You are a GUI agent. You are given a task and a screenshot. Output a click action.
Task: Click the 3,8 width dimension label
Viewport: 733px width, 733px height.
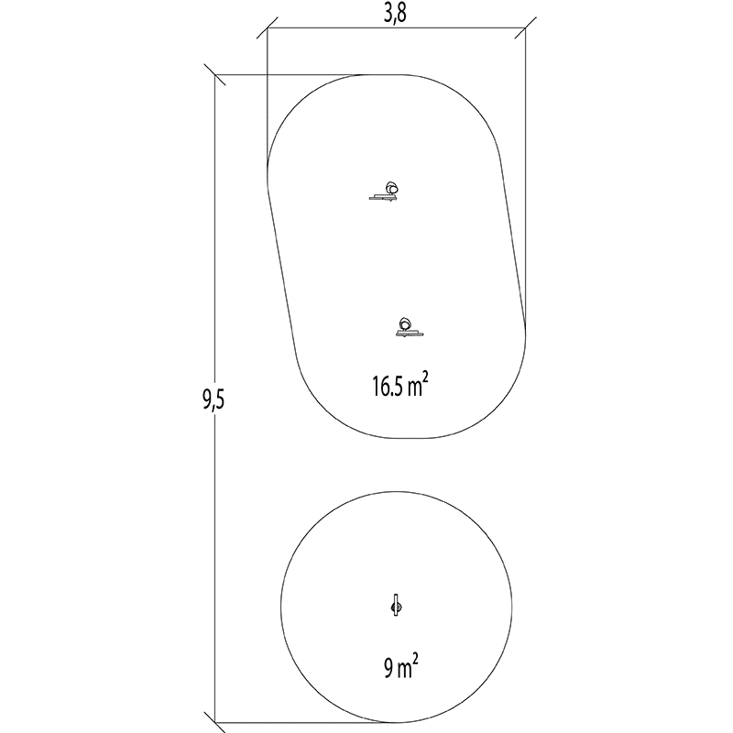395,14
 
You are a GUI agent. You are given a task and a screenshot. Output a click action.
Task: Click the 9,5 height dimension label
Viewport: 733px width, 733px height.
213,400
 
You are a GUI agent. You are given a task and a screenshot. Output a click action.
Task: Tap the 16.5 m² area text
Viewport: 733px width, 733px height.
400,386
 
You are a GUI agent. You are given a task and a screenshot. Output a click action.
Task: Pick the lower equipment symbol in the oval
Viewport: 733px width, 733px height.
408,327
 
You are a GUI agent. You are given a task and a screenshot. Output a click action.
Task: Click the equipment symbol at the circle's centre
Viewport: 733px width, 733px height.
397,607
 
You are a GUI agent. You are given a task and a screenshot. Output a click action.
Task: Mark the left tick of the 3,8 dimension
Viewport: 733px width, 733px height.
268,28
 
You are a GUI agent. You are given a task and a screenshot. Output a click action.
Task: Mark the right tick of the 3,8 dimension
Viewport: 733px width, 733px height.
525,28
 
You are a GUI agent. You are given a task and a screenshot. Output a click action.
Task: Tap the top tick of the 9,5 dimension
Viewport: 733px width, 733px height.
215,75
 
